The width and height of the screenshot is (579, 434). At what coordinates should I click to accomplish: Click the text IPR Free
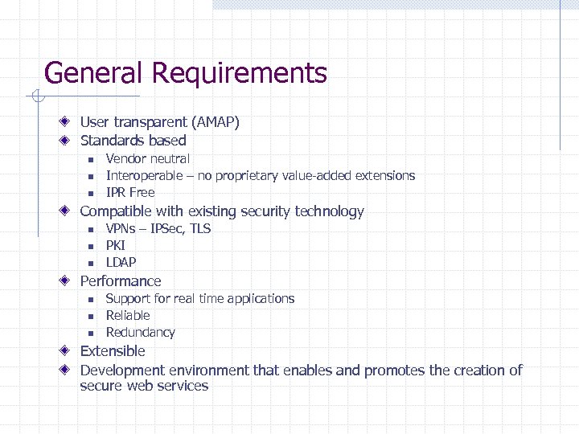(x=130, y=193)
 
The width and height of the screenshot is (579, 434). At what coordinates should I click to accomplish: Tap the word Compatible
(x=116, y=211)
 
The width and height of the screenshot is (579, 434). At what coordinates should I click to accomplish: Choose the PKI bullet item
(x=116, y=246)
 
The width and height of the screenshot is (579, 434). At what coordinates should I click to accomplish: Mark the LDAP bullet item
(x=121, y=263)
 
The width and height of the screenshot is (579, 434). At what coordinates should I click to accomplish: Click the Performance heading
(x=121, y=281)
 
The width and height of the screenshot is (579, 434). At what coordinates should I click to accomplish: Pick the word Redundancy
(x=140, y=333)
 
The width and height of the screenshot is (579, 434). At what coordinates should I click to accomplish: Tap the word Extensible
(x=113, y=351)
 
